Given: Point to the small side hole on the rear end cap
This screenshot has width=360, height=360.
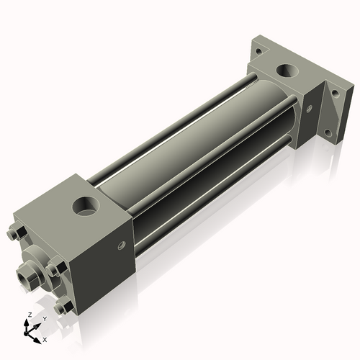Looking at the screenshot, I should (x=309, y=110).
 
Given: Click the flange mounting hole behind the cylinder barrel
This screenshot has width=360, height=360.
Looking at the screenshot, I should (x=258, y=50).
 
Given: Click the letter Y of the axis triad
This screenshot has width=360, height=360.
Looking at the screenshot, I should (x=44, y=319).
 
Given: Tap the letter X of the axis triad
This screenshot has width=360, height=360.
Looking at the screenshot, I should (x=44, y=339).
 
